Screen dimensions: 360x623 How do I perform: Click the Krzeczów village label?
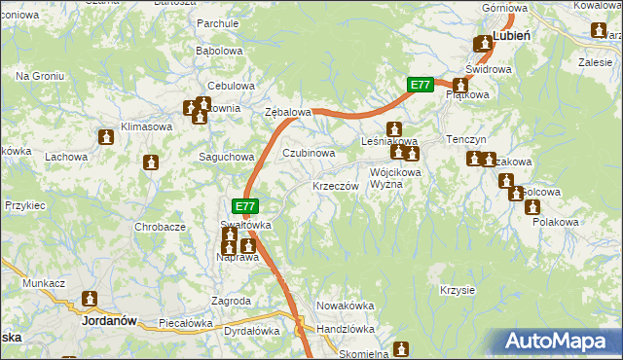click(338, 186)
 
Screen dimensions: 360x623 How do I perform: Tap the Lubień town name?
click(511, 35)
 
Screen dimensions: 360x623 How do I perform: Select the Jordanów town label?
click(108, 319)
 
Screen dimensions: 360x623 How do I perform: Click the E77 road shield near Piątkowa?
click(420, 86)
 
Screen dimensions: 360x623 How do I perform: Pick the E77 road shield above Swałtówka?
click(246, 206)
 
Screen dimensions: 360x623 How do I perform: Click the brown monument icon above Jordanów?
click(91, 300)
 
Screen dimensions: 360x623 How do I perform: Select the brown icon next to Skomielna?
click(402, 349)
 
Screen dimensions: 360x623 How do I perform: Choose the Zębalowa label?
click(288, 113)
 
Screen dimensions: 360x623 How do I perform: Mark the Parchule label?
click(217, 22)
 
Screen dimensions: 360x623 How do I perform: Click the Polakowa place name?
click(556, 223)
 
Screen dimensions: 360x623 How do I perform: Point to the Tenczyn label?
click(465, 140)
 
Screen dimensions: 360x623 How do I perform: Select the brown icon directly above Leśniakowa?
click(394, 128)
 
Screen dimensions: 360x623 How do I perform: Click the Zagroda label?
click(232, 302)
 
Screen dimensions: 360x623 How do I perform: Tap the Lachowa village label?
click(66, 157)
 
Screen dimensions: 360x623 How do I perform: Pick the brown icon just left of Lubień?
click(482, 44)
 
